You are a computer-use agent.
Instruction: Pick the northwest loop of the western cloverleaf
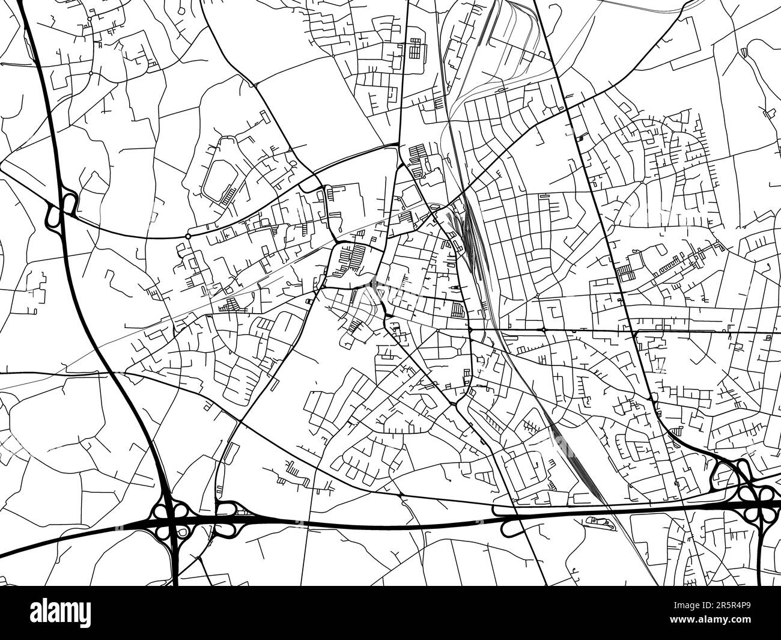(x=160, y=511)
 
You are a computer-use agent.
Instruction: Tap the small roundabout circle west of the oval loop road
(x=188, y=237)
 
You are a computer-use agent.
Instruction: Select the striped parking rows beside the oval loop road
(x=229, y=194)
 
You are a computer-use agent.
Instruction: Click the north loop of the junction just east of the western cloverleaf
(x=225, y=510)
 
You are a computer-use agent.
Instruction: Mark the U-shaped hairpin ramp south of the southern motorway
(x=509, y=528)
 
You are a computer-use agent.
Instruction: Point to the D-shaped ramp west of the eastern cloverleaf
(x=719, y=477)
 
